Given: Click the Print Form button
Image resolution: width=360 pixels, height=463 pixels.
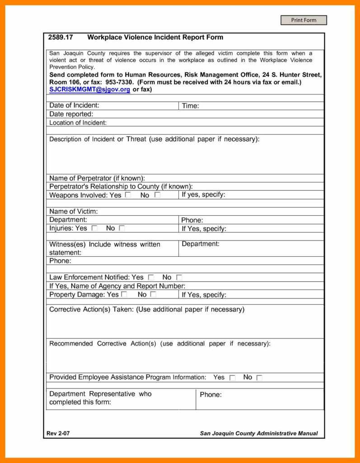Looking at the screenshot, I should tap(304, 20).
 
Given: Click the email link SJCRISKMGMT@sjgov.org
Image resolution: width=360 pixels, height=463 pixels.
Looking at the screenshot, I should tap(89, 90).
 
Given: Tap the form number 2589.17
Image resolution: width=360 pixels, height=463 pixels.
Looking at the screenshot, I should tap(61, 38).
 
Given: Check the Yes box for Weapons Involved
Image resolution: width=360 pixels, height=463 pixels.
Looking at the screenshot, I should tap(128, 195).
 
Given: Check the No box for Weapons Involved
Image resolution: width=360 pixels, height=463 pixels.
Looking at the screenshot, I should tap(157, 195).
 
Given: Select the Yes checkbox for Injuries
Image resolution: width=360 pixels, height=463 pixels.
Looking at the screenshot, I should tap(94, 229).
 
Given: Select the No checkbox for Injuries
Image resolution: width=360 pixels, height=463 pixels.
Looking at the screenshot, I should tap(122, 229).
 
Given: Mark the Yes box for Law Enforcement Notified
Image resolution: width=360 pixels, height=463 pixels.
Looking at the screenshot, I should tap(151, 278).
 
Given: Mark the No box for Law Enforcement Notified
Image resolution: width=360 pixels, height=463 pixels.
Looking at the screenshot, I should tap(179, 278).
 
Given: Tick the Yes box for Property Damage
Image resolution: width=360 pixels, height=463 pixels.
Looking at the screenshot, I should tap(124, 294).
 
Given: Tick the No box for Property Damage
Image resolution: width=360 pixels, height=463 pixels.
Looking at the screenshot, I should tap(153, 294).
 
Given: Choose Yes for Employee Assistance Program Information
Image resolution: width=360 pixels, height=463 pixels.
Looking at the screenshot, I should tap(232, 378).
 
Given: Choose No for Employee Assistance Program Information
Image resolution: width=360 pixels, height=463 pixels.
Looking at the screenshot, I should tap(259, 378).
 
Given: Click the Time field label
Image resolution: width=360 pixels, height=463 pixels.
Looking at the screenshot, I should tap(190, 106).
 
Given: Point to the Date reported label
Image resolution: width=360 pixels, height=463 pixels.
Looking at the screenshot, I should tap(71, 114).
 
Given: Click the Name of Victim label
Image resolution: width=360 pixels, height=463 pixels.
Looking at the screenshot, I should tap(73, 212).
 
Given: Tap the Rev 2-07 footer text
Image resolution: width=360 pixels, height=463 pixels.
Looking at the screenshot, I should tap(58, 434).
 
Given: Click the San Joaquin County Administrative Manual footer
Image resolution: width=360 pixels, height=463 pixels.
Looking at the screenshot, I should tap(258, 434).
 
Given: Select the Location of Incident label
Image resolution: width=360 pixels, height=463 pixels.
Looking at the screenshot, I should tap(78, 123).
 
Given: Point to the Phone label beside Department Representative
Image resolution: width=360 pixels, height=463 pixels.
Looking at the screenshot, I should tap(210, 395).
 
